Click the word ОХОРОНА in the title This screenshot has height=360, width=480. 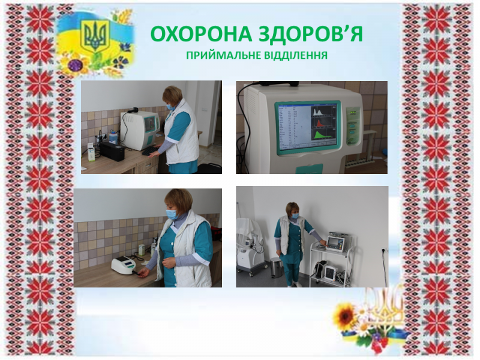tap(202, 34)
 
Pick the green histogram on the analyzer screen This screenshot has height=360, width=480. tap(323, 136)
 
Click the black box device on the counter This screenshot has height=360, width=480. tap(112, 151)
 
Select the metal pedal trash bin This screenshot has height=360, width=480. tap(275, 268)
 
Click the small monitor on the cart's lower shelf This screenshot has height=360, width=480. tap(331, 271)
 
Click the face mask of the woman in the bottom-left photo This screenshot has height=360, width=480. tap(172, 214)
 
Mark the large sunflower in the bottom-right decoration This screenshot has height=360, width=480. tap(344, 316)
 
